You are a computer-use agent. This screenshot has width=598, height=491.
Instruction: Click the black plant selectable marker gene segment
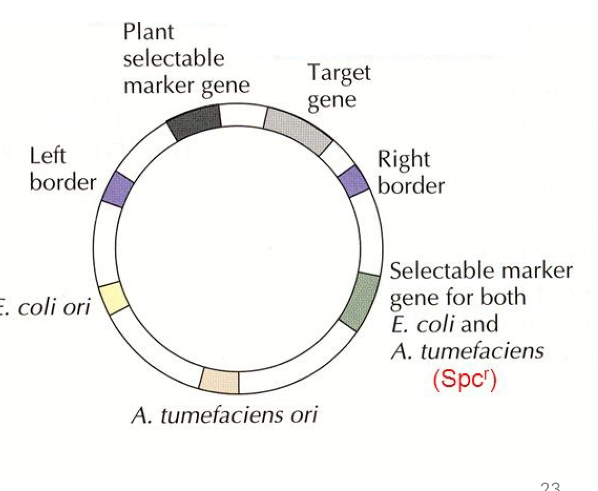coord(195,123)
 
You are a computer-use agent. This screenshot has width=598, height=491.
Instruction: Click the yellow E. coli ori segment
coord(114,299)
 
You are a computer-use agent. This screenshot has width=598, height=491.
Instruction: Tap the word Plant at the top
coord(149,32)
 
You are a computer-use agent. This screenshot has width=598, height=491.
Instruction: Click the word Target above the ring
coord(339,73)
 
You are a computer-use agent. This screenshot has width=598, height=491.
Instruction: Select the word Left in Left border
coord(47,156)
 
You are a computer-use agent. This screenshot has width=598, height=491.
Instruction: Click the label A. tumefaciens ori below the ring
coord(224,415)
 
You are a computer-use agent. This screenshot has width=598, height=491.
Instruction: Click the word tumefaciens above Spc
coord(481,352)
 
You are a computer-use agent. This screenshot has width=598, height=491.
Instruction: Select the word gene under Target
coord(331,100)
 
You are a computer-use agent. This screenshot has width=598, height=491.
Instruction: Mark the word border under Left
coord(63,183)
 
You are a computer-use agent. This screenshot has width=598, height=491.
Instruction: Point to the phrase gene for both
coord(457,298)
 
